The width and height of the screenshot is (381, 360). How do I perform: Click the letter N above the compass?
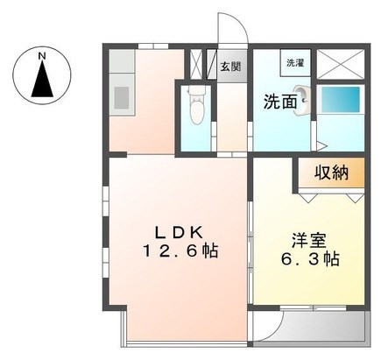(x=43, y=56)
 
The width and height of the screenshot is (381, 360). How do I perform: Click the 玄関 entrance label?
(x=230, y=67)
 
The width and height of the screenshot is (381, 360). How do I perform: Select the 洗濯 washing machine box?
(x=295, y=63)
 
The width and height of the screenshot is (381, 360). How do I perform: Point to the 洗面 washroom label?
(x=280, y=102)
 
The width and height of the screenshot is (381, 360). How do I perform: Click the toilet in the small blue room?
(x=195, y=106)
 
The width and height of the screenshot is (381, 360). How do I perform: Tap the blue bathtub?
(x=341, y=99)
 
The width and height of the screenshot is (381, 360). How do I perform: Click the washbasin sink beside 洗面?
(x=301, y=100)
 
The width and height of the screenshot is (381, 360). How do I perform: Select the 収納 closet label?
(x=331, y=173)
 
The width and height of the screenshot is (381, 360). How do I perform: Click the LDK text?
(x=179, y=233)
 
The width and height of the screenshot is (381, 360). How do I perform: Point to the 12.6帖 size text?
(x=180, y=251)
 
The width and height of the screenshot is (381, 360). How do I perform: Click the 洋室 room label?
(x=308, y=242)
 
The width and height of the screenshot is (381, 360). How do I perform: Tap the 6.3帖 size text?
(x=310, y=258)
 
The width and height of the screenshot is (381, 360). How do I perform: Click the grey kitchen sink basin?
(x=121, y=97)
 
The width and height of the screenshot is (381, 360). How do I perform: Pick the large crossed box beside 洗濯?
(x=341, y=64)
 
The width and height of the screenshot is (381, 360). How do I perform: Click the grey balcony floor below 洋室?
(x=309, y=326)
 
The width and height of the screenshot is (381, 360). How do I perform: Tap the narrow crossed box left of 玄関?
(x=195, y=64)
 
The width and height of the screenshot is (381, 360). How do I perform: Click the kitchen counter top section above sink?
(x=122, y=61)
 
